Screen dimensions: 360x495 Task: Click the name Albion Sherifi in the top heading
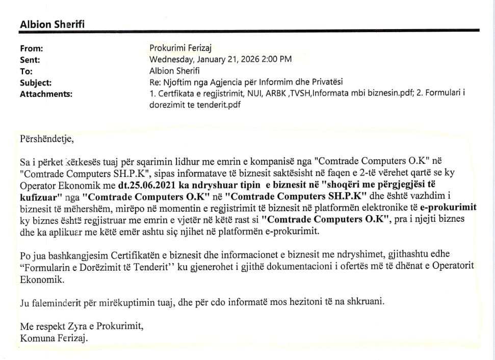(56, 24)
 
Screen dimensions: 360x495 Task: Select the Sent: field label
(29, 60)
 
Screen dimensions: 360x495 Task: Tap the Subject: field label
(35, 82)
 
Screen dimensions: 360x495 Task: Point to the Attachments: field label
(46, 93)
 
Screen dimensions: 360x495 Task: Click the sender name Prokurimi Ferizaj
(180, 48)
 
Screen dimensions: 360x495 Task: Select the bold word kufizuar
(40, 196)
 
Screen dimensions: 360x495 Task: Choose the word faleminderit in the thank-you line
(57, 302)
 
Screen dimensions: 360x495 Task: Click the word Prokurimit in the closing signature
(118, 325)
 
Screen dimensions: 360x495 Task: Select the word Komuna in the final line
(36, 338)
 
